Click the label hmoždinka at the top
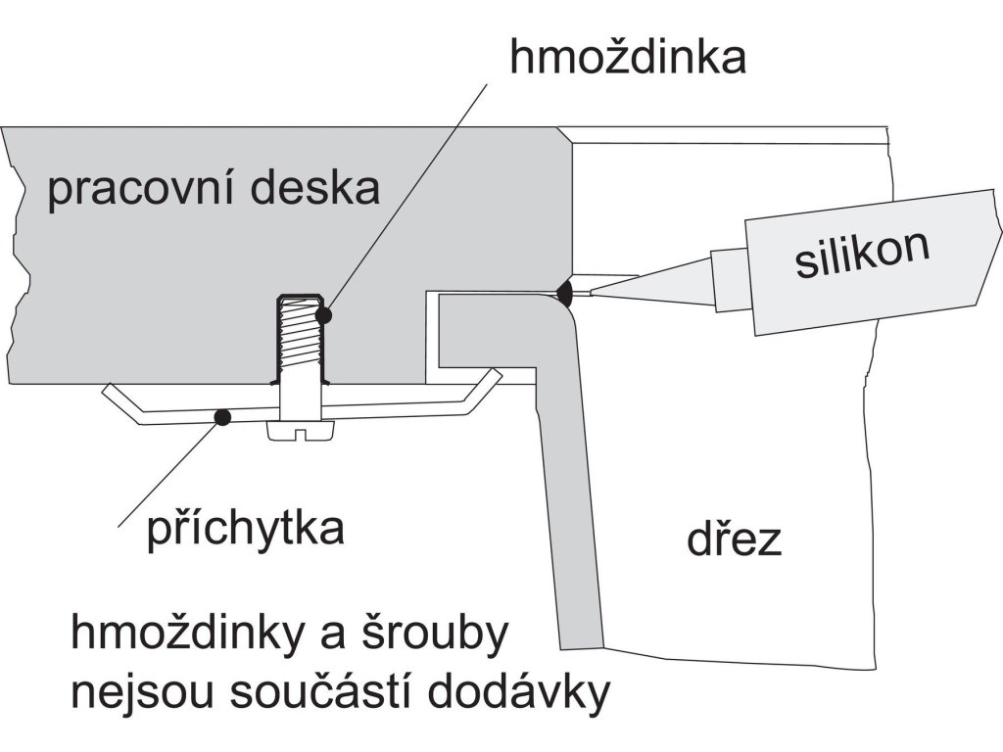[x=628, y=58]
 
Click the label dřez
[x=734, y=540]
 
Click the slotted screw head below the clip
[x=302, y=430]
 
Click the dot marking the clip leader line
[x=222, y=418]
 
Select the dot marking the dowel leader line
[x=323, y=316]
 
